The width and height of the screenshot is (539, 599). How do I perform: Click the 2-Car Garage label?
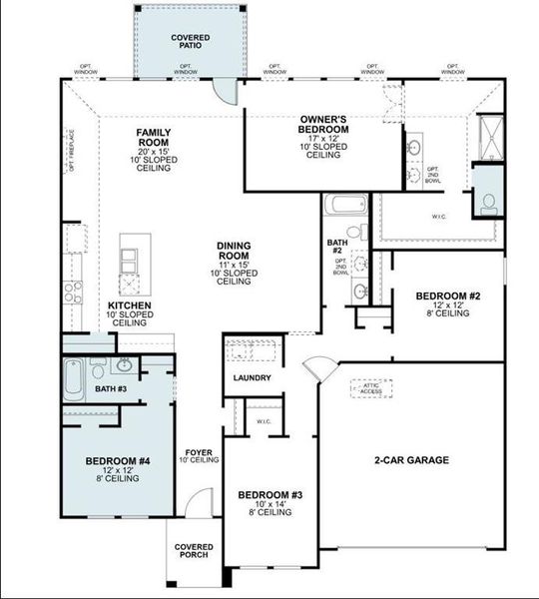[411, 460]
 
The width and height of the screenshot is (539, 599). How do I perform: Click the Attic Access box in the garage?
[370, 388]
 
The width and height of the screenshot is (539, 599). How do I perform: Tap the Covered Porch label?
[193, 552]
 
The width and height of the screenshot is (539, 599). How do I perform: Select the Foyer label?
[198, 455]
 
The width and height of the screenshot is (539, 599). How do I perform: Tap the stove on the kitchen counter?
[73, 292]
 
